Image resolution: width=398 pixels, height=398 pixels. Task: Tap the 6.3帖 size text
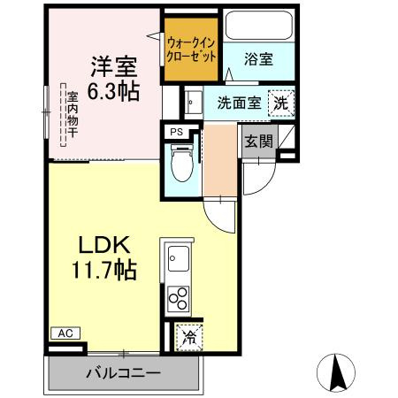coord(112,90)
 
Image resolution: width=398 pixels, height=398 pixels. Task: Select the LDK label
coord(106,244)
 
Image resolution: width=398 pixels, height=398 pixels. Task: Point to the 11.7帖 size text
coord(104,269)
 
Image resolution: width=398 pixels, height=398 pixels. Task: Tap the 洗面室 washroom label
coord(239,102)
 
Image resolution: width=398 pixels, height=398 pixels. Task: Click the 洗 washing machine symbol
coord(279,102)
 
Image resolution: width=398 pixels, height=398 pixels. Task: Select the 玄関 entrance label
coord(259,141)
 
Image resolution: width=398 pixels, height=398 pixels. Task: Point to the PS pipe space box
coord(176,132)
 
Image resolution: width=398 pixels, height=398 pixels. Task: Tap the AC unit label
coord(65,333)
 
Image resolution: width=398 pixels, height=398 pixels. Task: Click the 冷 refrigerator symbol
coord(188,336)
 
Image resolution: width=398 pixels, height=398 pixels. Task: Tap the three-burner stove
coord(178,298)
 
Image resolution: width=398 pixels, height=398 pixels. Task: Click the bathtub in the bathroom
coord(258,27)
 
